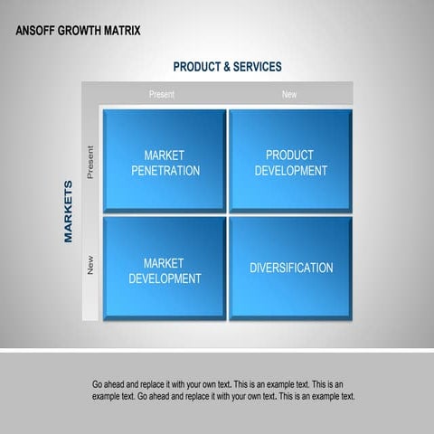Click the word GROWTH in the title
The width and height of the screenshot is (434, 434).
[81, 31]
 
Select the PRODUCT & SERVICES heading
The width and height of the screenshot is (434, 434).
[227, 67]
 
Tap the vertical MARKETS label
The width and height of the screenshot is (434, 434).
[69, 211]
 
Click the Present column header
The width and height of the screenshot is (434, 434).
[162, 94]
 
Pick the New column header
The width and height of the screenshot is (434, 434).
[289, 94]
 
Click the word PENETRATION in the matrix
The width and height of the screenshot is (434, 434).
[165, 171]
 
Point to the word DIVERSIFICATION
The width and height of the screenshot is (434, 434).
[291, 268]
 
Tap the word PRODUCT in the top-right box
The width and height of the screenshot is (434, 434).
[289, 156]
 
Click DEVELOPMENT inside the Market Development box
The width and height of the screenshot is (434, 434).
[165, 278]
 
